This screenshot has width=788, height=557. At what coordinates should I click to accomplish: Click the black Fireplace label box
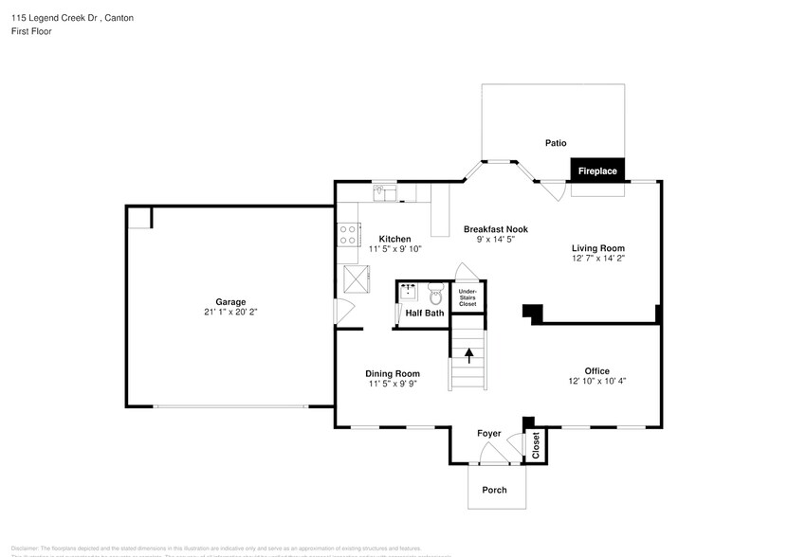click(x=597, y=171)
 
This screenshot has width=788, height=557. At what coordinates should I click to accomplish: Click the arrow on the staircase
click(x=467, y=354)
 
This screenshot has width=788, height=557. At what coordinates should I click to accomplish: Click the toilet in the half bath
click(x=435, y=292)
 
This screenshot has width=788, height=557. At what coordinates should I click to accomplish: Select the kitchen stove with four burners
click(x=348, y=233)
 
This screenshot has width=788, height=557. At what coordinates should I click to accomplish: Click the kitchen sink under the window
click(x=384, y=194)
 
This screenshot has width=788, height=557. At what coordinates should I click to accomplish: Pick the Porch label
click(x=494, y=490)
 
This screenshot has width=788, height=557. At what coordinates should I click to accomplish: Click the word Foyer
click(x=488, y=433)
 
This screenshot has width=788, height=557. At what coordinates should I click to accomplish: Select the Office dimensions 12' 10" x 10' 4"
click(x=597, y=381)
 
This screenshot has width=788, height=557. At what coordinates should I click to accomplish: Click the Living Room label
click(x=597, y=247)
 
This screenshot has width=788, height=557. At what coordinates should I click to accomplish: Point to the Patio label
click(x=555, y=143)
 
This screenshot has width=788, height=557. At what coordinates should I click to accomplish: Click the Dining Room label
click(x=394, y=374)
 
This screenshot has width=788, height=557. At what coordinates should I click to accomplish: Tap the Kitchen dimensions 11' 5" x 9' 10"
click(x=394, y=248)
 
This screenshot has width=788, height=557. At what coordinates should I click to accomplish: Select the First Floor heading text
click(x=31, y=31)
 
